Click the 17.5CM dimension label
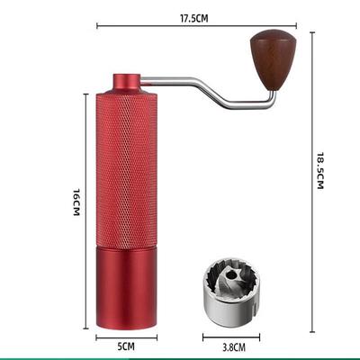click(x=193, y=18)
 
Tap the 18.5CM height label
click(x=320, y=170)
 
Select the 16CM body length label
click(x=76, y=202)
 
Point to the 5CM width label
click(x=126, y=346)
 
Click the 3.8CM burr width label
click(x=234, y=347)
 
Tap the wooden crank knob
click(x=274, y=59)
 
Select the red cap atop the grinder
click(x=127, y=83)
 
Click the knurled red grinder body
click(x=126, y=170)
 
